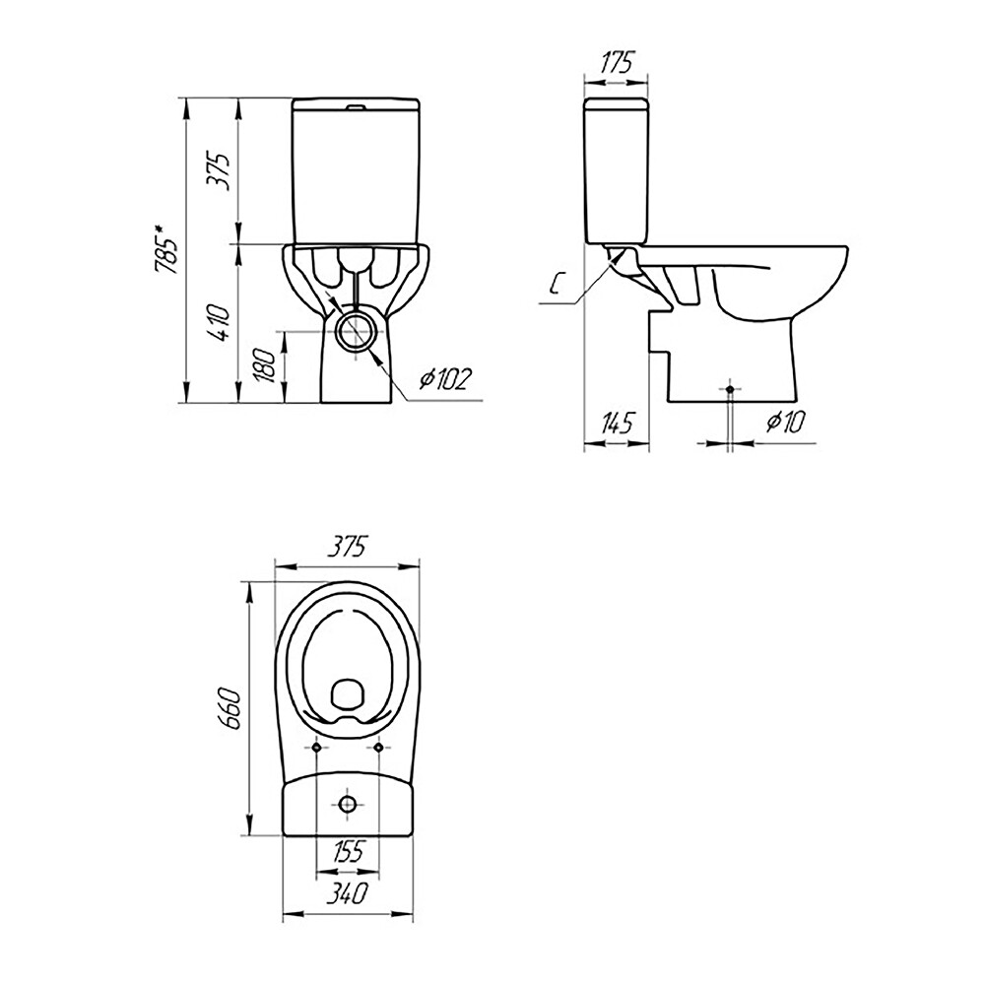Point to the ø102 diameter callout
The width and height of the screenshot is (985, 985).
click(x=445, y=378)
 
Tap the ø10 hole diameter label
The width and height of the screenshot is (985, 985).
click(x=785, y=423)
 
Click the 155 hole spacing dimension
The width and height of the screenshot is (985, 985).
click(x=348, y=851)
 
